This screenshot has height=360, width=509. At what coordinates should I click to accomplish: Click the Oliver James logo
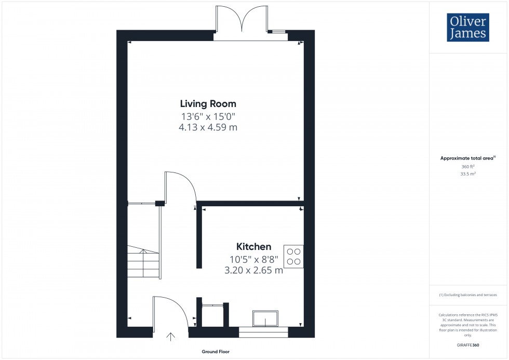pos(467,28)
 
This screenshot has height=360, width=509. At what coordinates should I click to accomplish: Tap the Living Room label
pos(208,103)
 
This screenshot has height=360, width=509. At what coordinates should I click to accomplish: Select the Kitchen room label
pos(254,247)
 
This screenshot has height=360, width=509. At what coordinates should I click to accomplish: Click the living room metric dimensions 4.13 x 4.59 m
pos(208,127)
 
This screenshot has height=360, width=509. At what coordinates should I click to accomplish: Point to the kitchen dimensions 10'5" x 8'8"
pos(254,259)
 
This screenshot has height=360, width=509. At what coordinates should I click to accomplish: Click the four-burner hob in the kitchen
pos(293,256)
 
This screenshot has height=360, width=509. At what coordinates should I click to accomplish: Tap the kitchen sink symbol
pos(265,318)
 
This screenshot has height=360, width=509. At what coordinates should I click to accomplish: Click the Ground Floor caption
pos(216,352)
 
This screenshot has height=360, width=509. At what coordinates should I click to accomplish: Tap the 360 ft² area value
pos(468,166)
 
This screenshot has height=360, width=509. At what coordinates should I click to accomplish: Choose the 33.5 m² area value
pos(468,174)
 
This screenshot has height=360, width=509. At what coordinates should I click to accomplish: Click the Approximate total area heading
pos(467,158)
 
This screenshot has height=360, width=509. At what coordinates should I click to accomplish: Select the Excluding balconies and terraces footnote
pos(468,295)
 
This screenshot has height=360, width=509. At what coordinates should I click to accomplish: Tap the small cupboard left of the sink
pos(212,315)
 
